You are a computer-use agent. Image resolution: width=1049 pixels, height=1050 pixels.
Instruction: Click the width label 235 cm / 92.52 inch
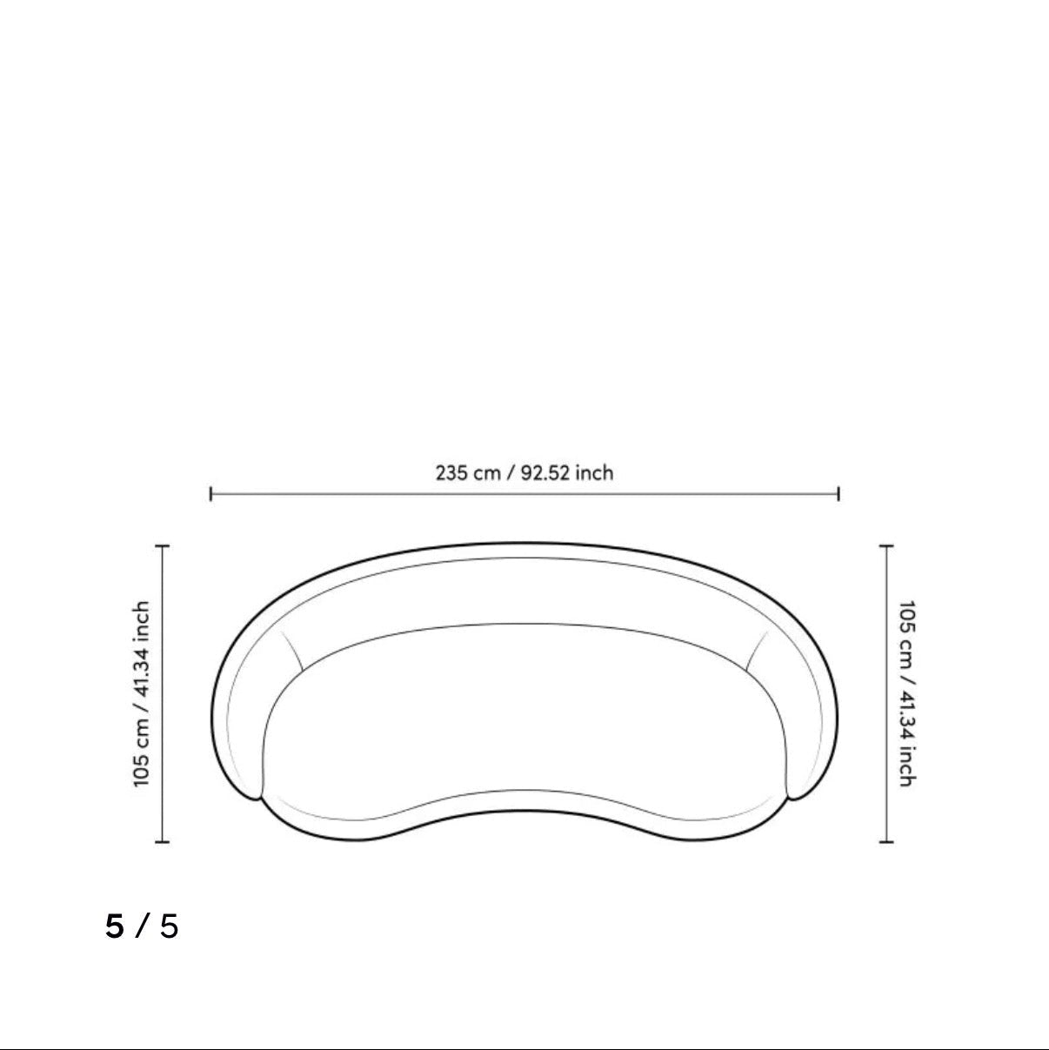[524, 472]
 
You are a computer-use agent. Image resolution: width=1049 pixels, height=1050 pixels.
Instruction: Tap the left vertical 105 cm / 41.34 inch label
[142, 693]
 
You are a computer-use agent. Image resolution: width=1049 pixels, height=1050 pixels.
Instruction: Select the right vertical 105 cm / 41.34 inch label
[906, 693]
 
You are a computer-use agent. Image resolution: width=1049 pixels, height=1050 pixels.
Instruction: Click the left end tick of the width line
[210, 494]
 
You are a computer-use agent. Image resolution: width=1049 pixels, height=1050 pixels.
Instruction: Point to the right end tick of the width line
[839, 494]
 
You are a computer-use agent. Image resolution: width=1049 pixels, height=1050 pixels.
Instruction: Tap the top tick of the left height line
[163, 545]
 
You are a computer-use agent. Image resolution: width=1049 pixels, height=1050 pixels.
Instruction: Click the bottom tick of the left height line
[163, 842]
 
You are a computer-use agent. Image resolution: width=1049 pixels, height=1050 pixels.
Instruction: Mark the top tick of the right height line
[886, 545]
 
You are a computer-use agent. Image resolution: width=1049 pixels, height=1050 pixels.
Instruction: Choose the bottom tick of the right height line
[886, 842]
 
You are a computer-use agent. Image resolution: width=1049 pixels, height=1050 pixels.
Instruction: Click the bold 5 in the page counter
[115, 926]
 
